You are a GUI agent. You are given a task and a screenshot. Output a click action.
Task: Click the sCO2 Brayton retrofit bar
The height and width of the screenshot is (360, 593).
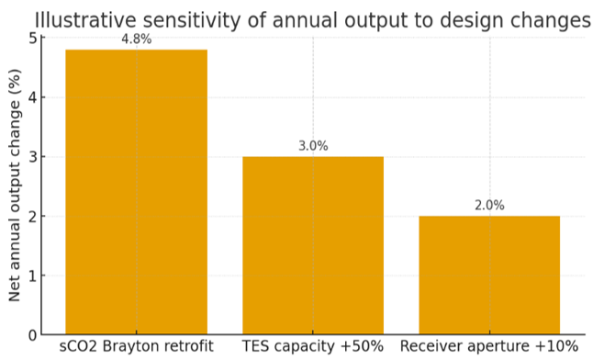(137, 192)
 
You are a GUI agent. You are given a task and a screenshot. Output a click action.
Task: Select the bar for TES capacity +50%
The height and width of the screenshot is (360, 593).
(313, 245)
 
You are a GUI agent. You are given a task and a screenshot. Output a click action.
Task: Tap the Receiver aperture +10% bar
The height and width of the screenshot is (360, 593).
(489, 276)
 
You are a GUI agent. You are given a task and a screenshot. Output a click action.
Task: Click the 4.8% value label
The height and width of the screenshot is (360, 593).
(137, 39)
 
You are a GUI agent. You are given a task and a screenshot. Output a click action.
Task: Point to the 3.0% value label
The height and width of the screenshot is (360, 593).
(313, 146)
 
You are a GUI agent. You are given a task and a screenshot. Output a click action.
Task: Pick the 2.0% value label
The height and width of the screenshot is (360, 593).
(489, 206)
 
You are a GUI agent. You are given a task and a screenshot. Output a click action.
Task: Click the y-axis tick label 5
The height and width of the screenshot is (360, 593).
(33, 39)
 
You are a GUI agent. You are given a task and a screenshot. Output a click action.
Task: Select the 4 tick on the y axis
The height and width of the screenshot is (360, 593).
(33, 97)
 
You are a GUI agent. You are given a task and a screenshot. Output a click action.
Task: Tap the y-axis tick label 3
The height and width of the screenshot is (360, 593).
(33, 157)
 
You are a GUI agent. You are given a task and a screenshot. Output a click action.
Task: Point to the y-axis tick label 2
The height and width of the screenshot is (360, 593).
(33, 216)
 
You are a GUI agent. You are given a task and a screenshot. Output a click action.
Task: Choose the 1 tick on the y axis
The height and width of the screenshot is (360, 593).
(33, 276)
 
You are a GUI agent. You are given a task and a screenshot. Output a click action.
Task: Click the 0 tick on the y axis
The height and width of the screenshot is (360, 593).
(33, 335)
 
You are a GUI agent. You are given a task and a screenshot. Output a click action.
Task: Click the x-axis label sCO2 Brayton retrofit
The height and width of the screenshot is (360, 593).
(137, 346)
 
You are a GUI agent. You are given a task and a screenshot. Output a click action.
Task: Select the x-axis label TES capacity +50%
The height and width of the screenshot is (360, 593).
(313, 346)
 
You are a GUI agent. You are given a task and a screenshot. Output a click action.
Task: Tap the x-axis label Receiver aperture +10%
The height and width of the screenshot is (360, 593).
(489, 346)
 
